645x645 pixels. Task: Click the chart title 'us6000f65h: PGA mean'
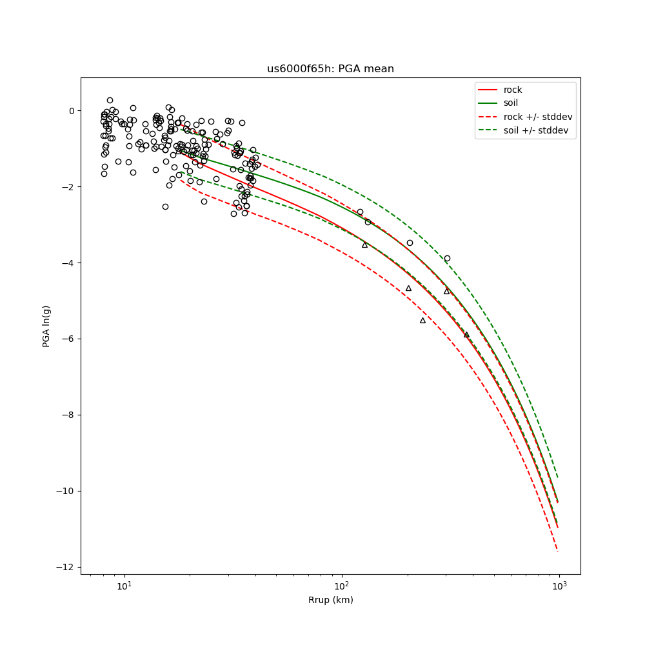point(330,69)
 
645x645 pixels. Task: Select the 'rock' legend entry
point(513,90)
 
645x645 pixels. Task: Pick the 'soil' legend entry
point(510,103)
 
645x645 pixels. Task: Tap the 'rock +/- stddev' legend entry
point(538,116)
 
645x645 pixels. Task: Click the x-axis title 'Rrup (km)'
point(330,600)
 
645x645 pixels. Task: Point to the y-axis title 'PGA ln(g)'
point(46,325)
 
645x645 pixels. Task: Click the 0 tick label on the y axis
point(71,111)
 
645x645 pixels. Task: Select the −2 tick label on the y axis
point(68,187)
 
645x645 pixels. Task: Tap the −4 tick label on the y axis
point(68,263)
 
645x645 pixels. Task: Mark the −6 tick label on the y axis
point(68,339)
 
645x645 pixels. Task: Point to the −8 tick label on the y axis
point(68,415)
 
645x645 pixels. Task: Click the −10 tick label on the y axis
point(66,491)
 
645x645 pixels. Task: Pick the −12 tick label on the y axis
point(66,567)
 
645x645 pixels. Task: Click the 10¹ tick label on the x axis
point(124,585)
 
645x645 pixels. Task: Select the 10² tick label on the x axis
point(342,585)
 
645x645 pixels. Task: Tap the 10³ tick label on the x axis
point(559,585)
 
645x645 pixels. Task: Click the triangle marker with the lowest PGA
point(466,334)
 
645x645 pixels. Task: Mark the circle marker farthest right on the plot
point(447,258)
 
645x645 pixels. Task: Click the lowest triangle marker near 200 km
point(423,320)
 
